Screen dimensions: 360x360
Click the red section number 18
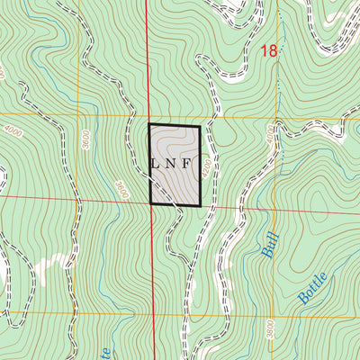(x=269, y=51)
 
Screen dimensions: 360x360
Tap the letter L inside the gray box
(x=156, y=165)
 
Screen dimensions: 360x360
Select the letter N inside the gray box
(x=174, y=165)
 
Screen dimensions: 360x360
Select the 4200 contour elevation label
(x=206, y=168)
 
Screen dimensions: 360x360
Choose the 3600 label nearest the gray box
(x=121, y=190)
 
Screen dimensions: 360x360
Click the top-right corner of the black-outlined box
(x=200, y=125)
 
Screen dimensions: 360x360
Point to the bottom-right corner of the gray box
(x=201, y=206)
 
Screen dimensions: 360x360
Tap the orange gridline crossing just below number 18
(x=278, y=116)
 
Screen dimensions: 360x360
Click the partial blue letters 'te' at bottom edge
(x=106, y=352)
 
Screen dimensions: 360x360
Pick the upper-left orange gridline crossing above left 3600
(x=77, y=116)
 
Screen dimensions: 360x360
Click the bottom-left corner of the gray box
(x=150, y=205)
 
